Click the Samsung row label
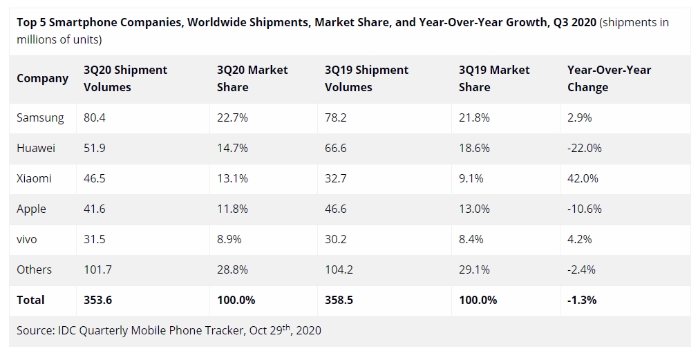pyautogui.click(x=40, y=117)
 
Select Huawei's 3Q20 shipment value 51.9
pyautogui.click(x=95, y=148)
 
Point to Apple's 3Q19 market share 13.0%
pyautogui.click(x=474, y=209)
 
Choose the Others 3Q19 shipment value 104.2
pyautogui.click(x=339, y=269)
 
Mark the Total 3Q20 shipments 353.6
pyautogui.click(x=97, y=300)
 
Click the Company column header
pyautogui.click(x=42, y=78)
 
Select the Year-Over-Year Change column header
pyautogui.click(x=609, y=78)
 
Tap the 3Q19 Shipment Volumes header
pyautogui.click(x=366, y=78)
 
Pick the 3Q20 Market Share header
pyautogui.click(x=252, y=78)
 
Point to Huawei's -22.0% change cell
pyautogui.click(x=584, y=148)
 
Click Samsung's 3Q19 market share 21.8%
pyautogui.click(x=474, y=117)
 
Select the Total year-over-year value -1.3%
pyautogui.click(x=582, y=300)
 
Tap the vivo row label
pyautogui.click(x=27, y=239)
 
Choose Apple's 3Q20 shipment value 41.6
pyautogui.click(x=95, y=209)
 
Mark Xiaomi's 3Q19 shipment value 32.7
pyautogui.click(x=336, y=178)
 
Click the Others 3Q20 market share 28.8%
pyautogui.click(x=232, y=269)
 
